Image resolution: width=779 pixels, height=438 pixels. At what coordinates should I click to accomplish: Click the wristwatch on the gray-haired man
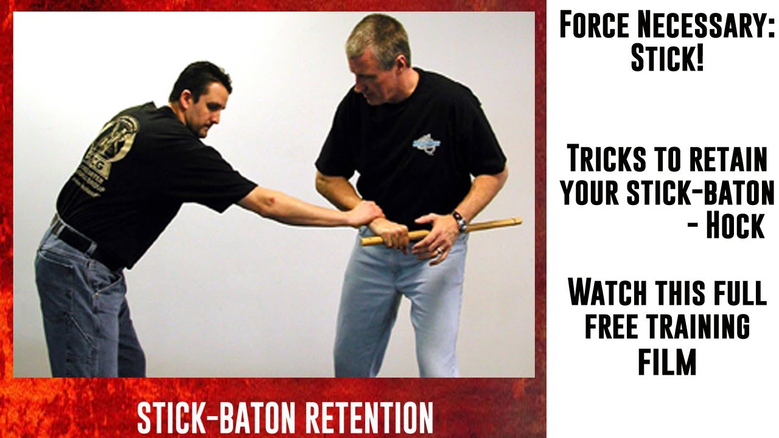[459, 221]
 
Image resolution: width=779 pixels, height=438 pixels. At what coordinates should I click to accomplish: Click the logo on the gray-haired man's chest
[426, 144]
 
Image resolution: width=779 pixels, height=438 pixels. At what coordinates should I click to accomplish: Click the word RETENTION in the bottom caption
[369, 417]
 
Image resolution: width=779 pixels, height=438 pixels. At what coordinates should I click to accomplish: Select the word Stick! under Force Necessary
[667, 59]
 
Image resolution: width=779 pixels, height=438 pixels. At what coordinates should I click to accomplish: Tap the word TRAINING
[698, 326]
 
